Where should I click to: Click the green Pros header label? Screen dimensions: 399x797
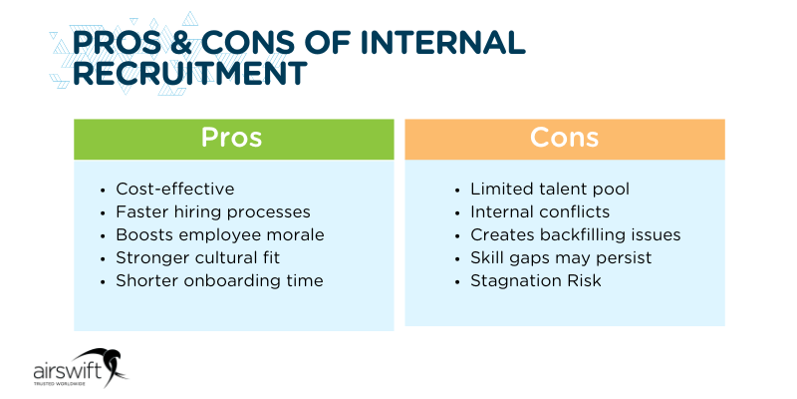pyautogui.click(x=232, y=138)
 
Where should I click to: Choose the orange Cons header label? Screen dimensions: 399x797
pyautogui.click(x=564, y=138)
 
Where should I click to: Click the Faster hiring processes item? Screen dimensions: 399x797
pyautogui.click(x=213, y=211)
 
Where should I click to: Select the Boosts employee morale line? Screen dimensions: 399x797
pyautogui.click(x=220, y=234)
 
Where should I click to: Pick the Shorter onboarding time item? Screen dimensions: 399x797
pyautogui.click(x=219, y=280)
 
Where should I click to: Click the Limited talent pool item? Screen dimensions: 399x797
pyautogui.click(x=550, y=189)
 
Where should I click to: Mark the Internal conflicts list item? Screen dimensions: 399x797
pyautogui.click(x=540, y=211)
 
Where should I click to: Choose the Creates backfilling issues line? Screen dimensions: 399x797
pyautogui.click(x=575, y=234)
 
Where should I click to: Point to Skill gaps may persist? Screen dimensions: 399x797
pyautogui.click(x=561, y=257)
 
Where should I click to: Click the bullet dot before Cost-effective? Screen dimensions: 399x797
pyautogui.click(x=105, y=190)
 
